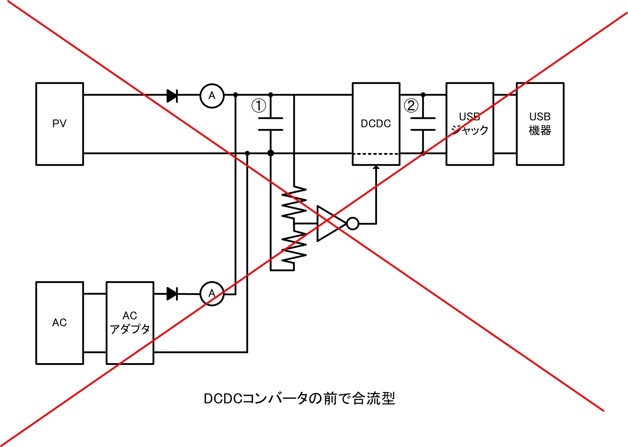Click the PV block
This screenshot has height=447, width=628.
coord(60,124)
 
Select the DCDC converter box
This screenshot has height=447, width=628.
coord(376,124)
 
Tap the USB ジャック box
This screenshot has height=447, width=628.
coord(470,124)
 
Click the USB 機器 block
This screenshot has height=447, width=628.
coord(540,124)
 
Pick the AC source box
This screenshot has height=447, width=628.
coord(60,323)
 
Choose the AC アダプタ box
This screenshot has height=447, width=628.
coord(130,323)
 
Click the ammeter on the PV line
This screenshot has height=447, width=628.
coord(212,96)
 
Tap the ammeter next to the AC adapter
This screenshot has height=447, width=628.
coord(212,294)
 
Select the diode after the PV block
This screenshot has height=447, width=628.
coord(172,96)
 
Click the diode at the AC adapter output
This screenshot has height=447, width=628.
coord(172,294)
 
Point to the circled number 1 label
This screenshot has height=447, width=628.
coord(258,106)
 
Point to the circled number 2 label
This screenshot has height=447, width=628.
coord(411,106)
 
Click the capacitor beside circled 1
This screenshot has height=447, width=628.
coord(270,124)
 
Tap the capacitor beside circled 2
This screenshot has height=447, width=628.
coord(423,124)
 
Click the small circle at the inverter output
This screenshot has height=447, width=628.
coord(353,223)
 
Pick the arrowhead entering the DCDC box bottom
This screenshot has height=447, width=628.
coord(376,167)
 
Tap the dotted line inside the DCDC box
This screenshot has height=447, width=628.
coord(376,154)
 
